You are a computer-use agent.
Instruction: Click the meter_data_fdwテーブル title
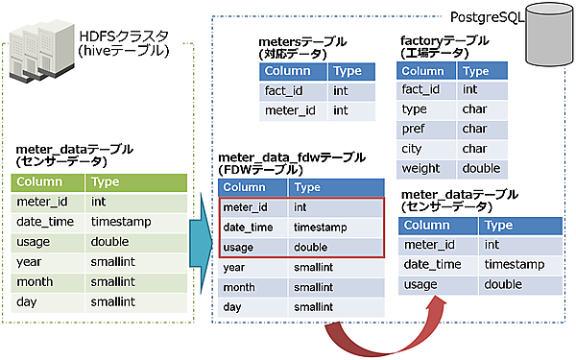click(x=292, y=157)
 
